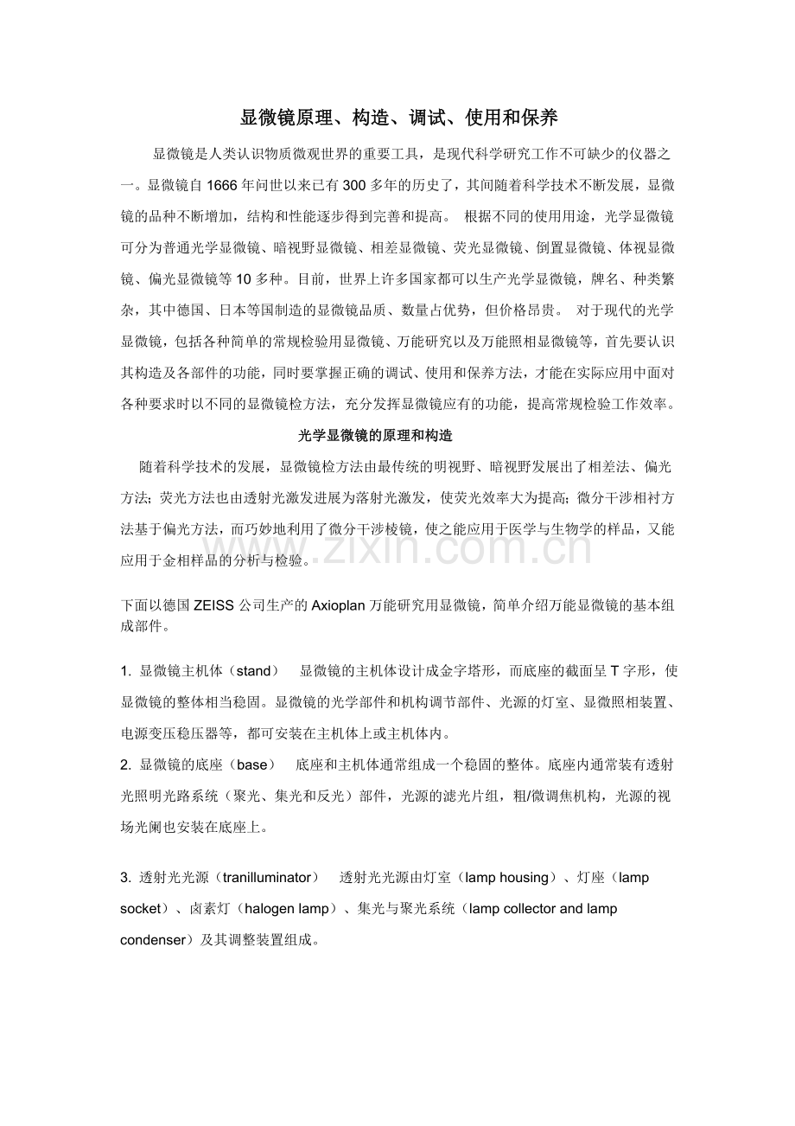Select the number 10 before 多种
click(243, 279)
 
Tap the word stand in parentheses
click(253, 671)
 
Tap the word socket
click(141, 909)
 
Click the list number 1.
click(124, 671)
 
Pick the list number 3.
click(124, 878)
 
